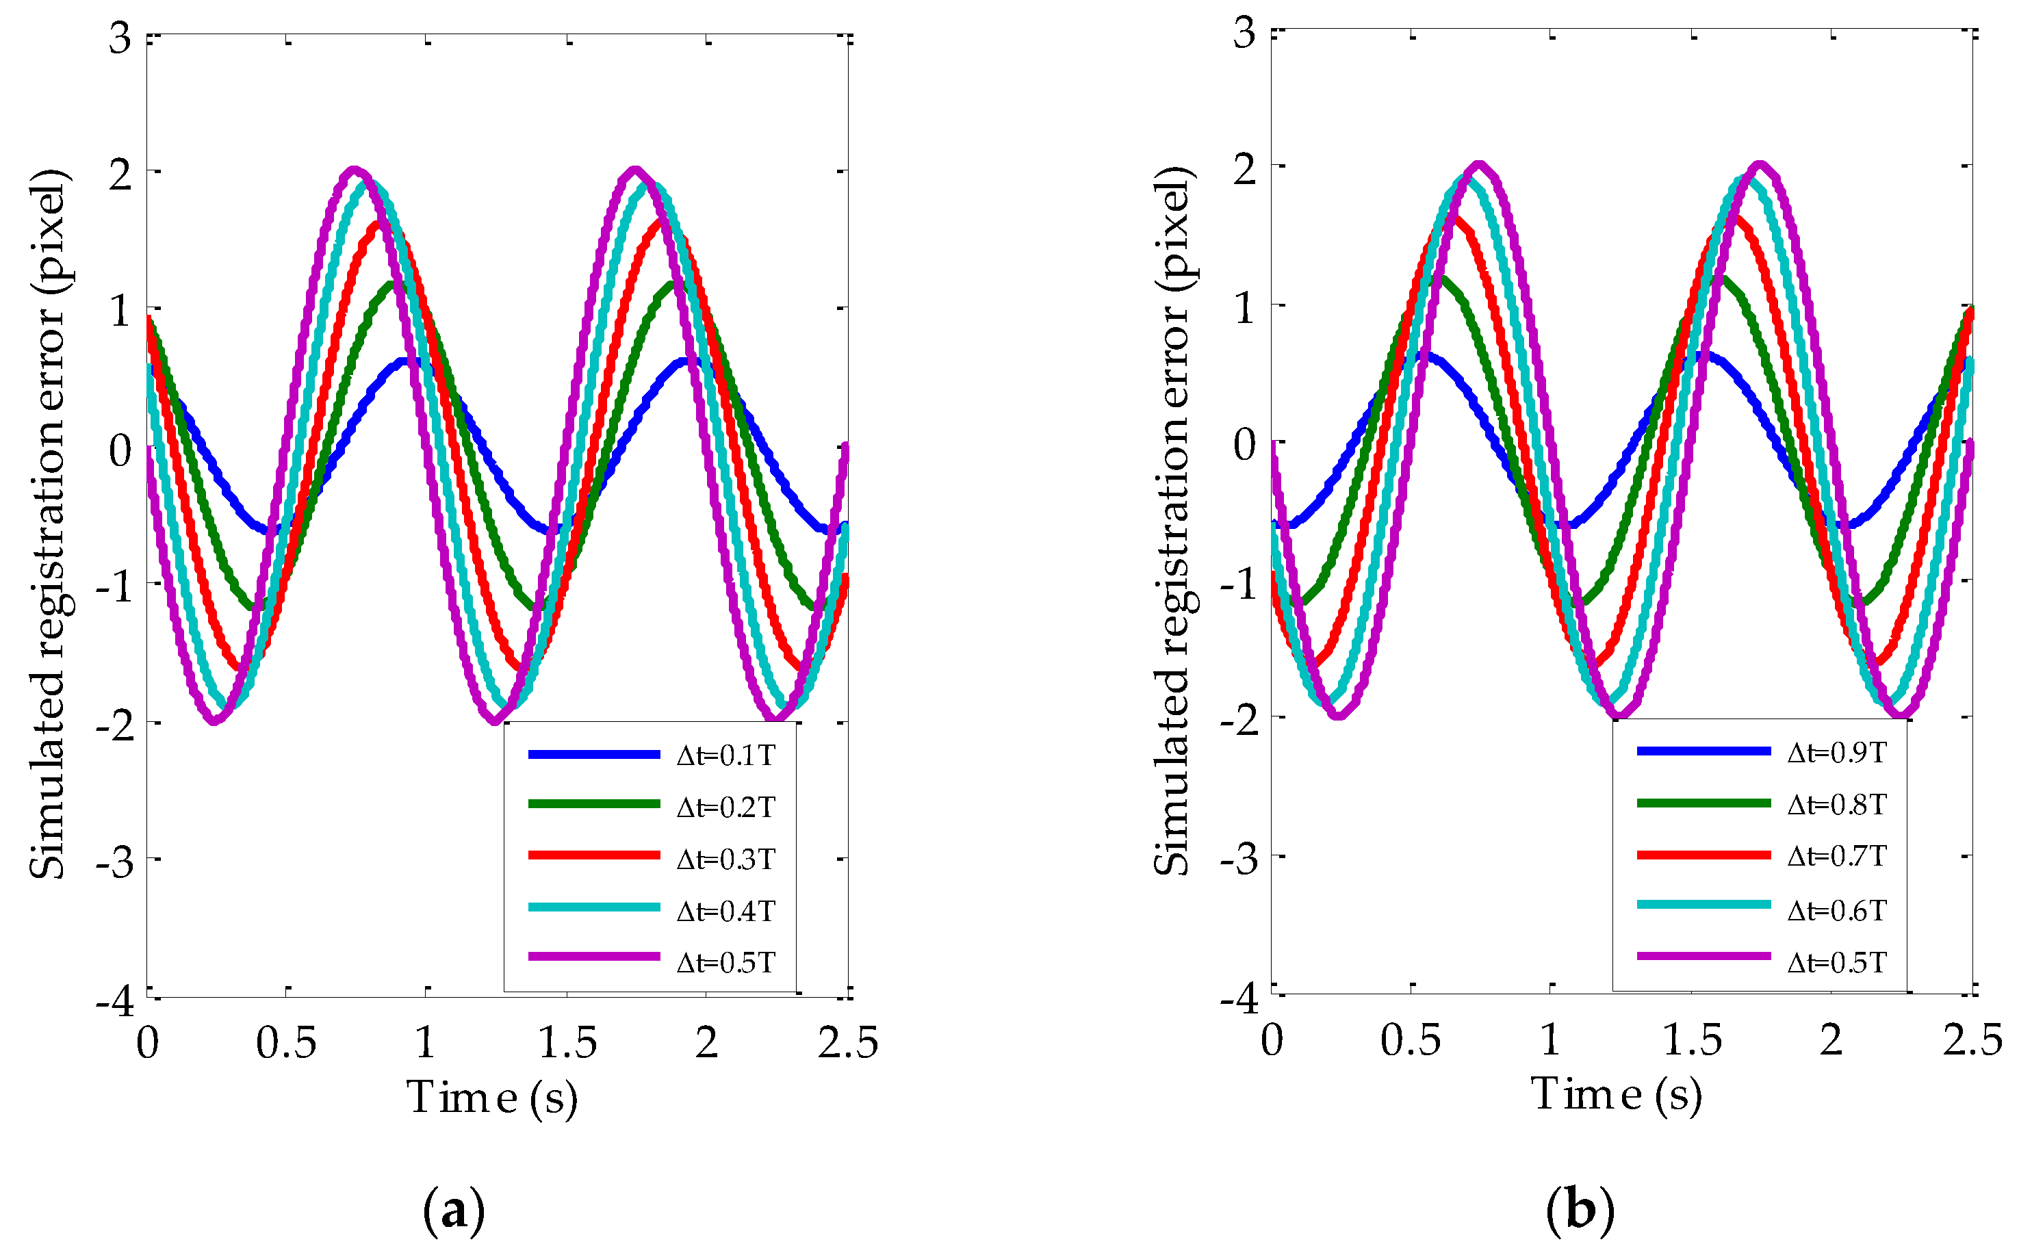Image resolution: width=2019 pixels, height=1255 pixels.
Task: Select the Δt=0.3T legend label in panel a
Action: click(x=725, y=859)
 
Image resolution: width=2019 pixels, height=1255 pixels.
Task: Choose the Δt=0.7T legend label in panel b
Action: click(x=1836, y=856)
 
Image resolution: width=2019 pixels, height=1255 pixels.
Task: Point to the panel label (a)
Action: click(x=453, y=1211)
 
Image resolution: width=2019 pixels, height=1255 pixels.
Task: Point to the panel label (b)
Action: click(x=1580, y=1209)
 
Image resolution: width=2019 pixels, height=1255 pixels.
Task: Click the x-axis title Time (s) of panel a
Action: click(x=491, y=1098)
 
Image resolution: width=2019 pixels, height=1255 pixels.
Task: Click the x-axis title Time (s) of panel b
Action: click(x=1617, y=1095)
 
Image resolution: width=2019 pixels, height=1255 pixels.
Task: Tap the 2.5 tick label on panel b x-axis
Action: click(x=1972, y=1039)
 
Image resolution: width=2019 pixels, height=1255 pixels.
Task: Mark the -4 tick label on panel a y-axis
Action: click(x=116, y=1001)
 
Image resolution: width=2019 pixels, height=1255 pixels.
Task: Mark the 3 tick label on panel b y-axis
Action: click(x=1244, y=35)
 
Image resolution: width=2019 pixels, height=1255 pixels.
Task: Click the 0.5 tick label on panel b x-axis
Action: click(x=1411, y=1039)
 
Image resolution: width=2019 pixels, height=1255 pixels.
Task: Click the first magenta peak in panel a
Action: click(x=355, y=171)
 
